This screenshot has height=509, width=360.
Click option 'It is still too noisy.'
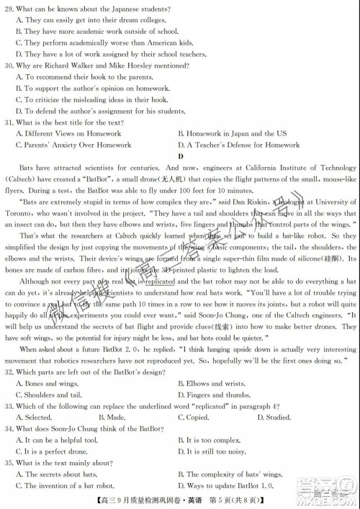pyautogui.click(x=218, y=451)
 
